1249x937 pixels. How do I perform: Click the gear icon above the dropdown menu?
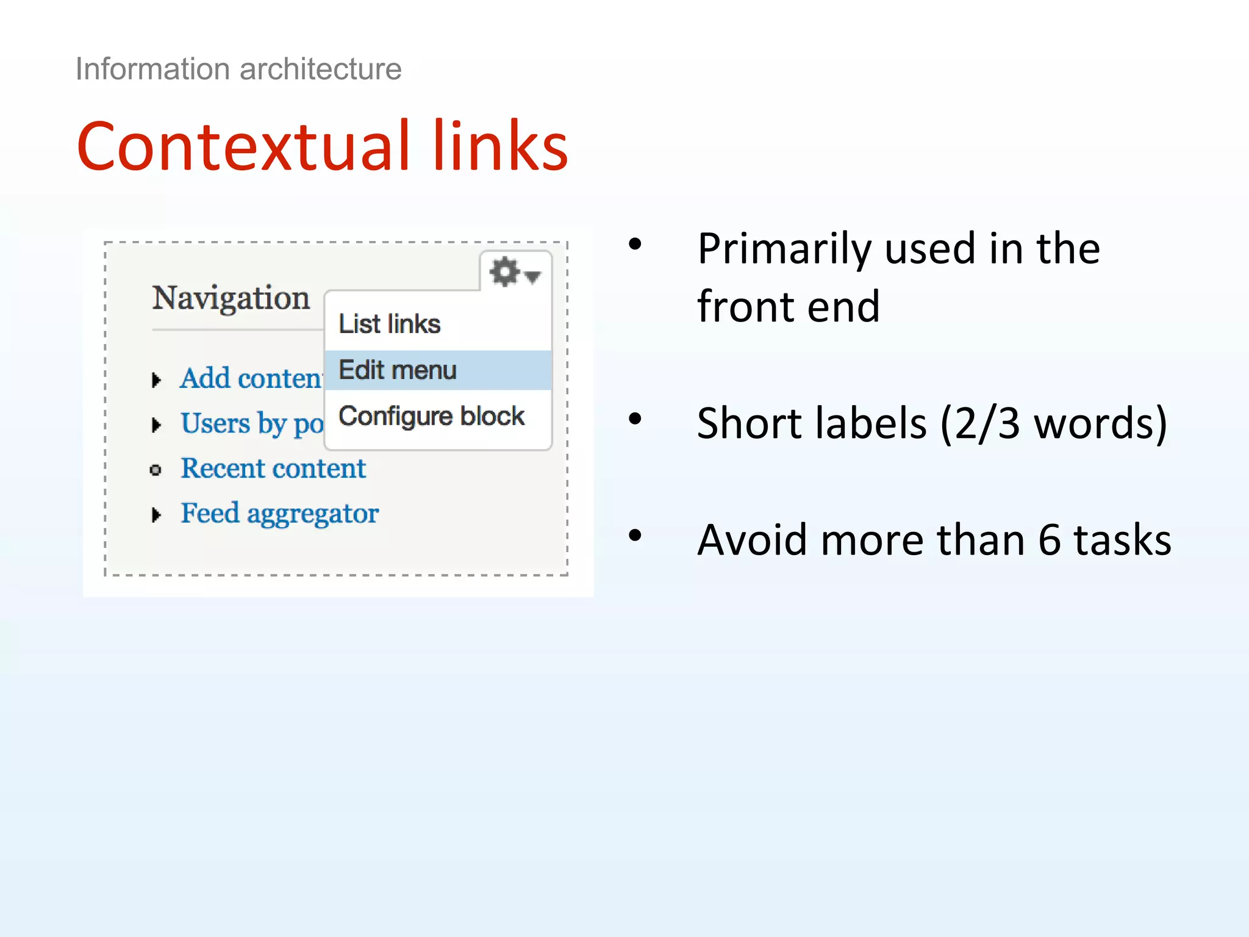tap(506, 272)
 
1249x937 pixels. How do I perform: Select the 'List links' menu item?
tap(389, 324)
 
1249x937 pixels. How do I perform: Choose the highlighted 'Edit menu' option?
tap(397, 370)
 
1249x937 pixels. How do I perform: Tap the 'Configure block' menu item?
tap(431, 417)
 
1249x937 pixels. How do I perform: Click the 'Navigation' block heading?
tap(231, 298)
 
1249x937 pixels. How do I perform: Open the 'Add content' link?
tap(251, 378)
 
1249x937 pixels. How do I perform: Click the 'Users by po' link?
tap(251, 423)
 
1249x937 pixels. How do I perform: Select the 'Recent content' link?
tap(273, 468)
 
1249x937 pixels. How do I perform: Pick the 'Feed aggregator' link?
tap(279, 514)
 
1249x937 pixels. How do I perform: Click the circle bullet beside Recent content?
tap(156, 470)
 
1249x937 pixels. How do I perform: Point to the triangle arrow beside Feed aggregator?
tap(156, 515)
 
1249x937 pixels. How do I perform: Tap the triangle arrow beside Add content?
tap(156, 380)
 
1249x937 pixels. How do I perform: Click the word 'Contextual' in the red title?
tap(244, 146)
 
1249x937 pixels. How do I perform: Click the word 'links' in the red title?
tap(500, 146)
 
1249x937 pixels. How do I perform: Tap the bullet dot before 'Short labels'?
tap(635, 419)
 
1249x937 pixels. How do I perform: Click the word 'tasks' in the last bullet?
tap(1122, 540)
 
